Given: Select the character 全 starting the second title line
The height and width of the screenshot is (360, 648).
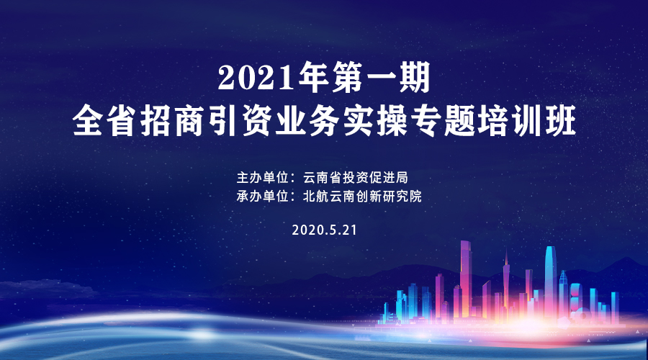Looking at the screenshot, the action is [x=87, y=121].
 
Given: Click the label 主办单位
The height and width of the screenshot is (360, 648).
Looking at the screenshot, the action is [x=262, y=178].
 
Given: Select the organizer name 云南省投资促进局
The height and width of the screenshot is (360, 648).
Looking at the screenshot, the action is [x=356, y=178].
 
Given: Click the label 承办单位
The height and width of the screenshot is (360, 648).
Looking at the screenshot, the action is [x=262, y=196].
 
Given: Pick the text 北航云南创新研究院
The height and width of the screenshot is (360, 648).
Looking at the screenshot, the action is [x=362, y=196].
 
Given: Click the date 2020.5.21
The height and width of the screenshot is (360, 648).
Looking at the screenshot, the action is [x=324, y=230].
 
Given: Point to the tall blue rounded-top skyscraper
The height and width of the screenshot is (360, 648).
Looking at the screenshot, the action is [x=550, y=281].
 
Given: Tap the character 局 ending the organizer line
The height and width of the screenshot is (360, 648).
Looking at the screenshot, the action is [x=402, y=178].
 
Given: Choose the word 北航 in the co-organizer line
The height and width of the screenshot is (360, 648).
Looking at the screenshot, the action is [x=316, y=196].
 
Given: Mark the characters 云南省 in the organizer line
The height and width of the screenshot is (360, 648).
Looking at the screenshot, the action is [x=323, y=178].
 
